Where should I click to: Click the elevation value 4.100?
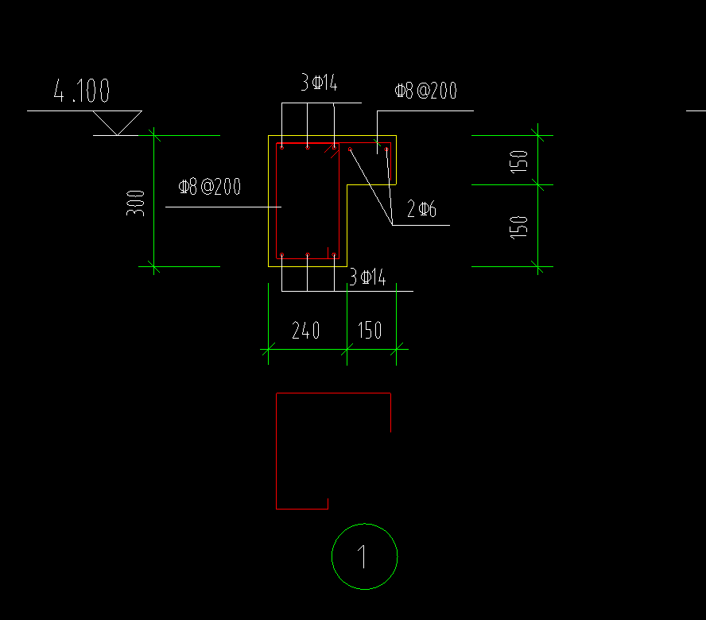[x=81, y=91]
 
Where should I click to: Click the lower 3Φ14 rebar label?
[x=367, y=277]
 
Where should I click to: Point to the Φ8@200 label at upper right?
[x=426, y=91]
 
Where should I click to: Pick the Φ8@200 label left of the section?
[x=210, y=188]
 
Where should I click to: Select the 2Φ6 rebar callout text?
[x=421, y=210]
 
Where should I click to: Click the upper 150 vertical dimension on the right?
[x=519, y=161]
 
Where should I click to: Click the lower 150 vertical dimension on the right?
[x=519, y=227]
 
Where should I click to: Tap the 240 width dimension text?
[x=306, y=331]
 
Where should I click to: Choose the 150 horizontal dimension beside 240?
[x=370, y=331]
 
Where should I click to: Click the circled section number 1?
[x=363, y=556]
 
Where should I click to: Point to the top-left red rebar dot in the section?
[x=281, y=147]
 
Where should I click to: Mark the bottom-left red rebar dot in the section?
[x=281, y=254]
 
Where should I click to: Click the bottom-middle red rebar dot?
[x=308, y=254]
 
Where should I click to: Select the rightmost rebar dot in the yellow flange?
[x=386, y=148]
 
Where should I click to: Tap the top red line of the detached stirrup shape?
[x=333, y=393]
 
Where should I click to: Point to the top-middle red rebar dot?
[x=308, y=147]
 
